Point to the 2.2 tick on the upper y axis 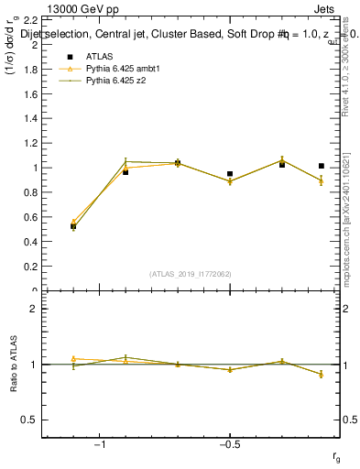click(x=28, y=20)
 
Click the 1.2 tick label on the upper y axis click(x=28, y=144)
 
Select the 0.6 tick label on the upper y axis click(x=28, y=218)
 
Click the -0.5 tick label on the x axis click(x=228, y=445)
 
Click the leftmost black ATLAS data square click(x=73, y=225)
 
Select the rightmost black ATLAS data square click(x=321, y=166)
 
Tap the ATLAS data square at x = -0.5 click(x=230, y=173)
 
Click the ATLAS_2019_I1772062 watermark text click(x=191, y=273)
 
